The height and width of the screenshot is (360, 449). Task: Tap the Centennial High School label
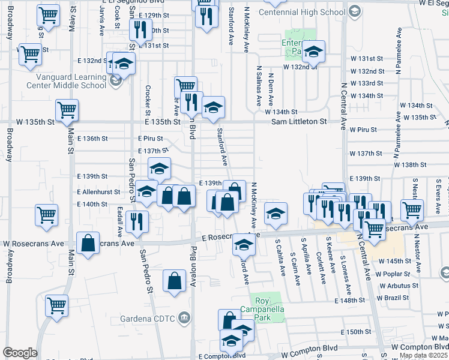(304, 11)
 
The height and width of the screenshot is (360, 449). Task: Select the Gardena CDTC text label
(154, 317)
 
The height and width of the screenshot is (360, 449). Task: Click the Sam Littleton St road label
(298, 121)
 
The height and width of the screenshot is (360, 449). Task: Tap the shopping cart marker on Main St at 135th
(67, 110)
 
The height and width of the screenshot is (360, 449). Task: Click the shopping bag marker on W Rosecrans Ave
(88, 244)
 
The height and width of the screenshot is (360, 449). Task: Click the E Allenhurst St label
(98, 192)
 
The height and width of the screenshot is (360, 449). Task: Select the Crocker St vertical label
(148, 100)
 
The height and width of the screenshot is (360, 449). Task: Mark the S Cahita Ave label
(279, 258)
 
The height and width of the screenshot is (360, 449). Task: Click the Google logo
(20, 353)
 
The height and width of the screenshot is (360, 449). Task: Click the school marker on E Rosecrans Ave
(244, 245)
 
